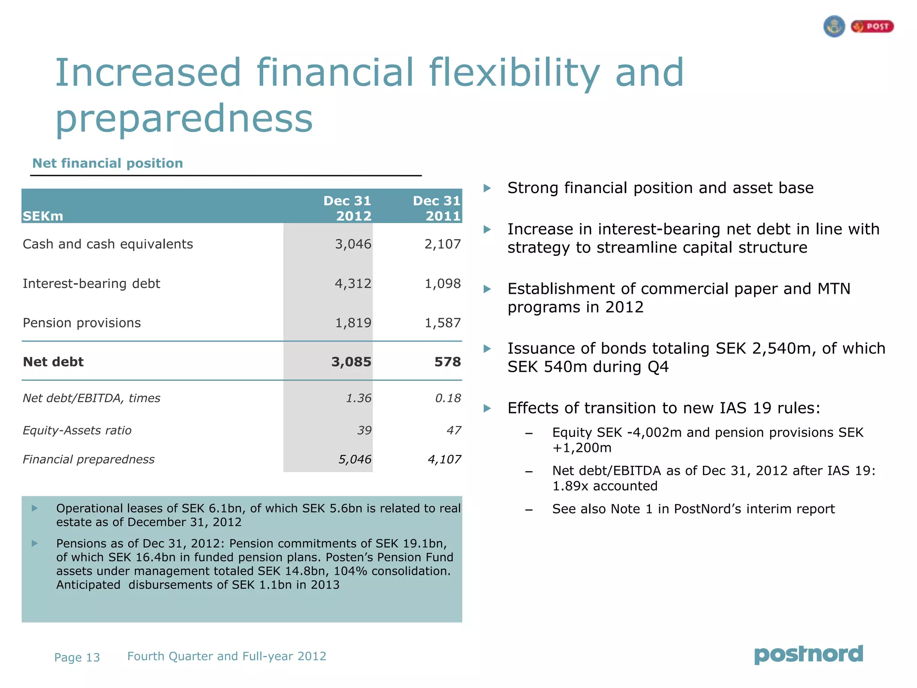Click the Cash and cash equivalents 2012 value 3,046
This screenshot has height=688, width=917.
point(353,244)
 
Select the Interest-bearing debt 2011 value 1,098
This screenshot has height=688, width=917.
point(442,284)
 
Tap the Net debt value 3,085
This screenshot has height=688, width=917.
point(351,362)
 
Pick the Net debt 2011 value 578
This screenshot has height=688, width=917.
point(447,362)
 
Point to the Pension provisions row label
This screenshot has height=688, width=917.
point(81,323)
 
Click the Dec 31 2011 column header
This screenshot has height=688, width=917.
point(437,208)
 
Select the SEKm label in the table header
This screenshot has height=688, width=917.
point(43,216)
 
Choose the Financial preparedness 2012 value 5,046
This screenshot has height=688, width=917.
point(355,460)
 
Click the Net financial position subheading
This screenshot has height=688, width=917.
point(107,163)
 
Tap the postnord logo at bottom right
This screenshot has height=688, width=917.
point(808,655)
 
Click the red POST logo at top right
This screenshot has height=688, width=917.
point(872,27)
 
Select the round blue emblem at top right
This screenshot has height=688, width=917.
point(834,26)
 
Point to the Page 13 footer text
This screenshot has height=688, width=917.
point(77,658)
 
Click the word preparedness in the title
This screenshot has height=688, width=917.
point(184,119)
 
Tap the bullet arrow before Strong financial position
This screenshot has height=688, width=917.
point(487,188)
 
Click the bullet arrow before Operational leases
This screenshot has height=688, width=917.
point(34,508)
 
